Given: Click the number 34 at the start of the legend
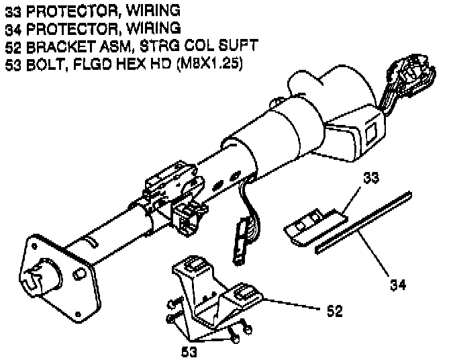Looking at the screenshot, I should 11,28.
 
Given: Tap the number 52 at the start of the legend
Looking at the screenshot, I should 11,45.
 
